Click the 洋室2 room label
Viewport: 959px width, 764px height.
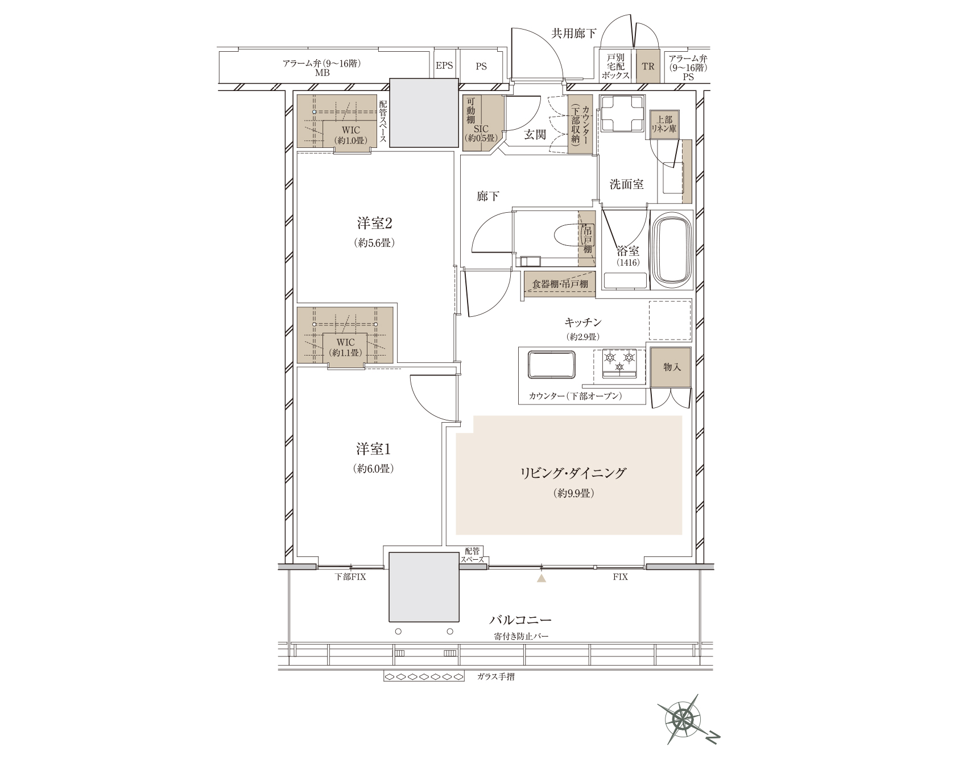pos(375,223)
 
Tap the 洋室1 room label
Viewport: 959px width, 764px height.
pos(374,449)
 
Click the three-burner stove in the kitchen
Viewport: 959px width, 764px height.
pos(619,364)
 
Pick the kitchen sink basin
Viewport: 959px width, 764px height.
pos(552,365)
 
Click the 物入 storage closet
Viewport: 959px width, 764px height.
pos(672,367)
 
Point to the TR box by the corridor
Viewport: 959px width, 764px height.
pos(648,67)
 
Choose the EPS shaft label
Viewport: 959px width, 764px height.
pos(444,66)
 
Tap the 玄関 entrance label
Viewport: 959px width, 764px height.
pos(535,134)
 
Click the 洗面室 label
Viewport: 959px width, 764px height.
pos(626,184)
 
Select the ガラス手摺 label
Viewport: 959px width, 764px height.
pos(496,677)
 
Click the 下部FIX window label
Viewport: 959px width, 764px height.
pos(350,577)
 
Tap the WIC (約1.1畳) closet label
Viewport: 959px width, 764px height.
pos(345,347)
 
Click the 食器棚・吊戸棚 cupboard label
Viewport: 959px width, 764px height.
pos(560,284)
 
